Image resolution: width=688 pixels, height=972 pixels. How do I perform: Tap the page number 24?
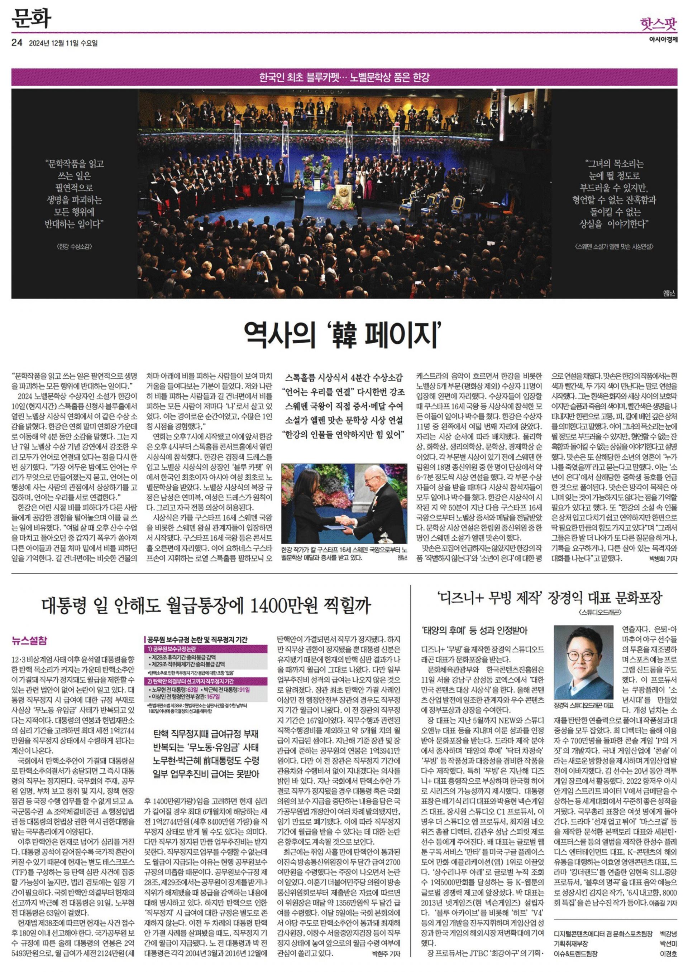[x=17, y=43]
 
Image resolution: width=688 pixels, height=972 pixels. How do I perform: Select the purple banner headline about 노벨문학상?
[x=344, y=77]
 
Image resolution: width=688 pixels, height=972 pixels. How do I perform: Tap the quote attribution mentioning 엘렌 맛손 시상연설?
[x=615, y=246]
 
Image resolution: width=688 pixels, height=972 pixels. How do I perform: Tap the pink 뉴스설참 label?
[x=30, y=641]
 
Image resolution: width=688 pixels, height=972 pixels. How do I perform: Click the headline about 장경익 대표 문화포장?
[x=549, y=598]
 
